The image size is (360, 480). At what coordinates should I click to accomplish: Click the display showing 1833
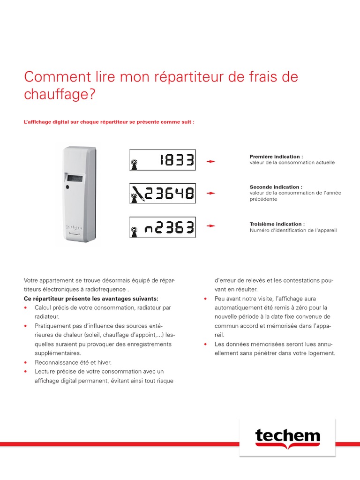pos(162,160)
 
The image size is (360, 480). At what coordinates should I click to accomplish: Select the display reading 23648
pos(162,193)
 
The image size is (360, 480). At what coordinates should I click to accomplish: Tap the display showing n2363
pos(162,227)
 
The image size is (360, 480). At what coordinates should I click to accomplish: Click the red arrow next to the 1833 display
pos(211,161)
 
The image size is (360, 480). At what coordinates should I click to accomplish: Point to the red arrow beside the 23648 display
pos(211,193)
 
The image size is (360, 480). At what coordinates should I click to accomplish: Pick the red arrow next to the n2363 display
pos(211,225)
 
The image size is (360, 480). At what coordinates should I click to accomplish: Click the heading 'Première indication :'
pos(276,157)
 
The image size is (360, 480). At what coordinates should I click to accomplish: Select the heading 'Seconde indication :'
pos(276,187)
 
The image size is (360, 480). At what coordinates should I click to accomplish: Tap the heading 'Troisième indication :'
pos(277,224)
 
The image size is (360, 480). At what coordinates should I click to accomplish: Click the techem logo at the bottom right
pos(287,438)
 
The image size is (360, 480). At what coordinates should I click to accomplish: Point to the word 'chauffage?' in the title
pos(60,94)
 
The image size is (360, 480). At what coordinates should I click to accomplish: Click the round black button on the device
pos(68,187)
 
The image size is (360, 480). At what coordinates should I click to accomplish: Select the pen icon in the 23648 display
pos(137,193)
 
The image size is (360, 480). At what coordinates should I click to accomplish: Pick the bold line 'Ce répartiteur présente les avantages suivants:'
pos(91,299)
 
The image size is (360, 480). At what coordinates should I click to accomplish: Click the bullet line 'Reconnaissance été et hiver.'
pos(73,362)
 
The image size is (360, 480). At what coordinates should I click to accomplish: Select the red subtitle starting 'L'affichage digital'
pos(109,121)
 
